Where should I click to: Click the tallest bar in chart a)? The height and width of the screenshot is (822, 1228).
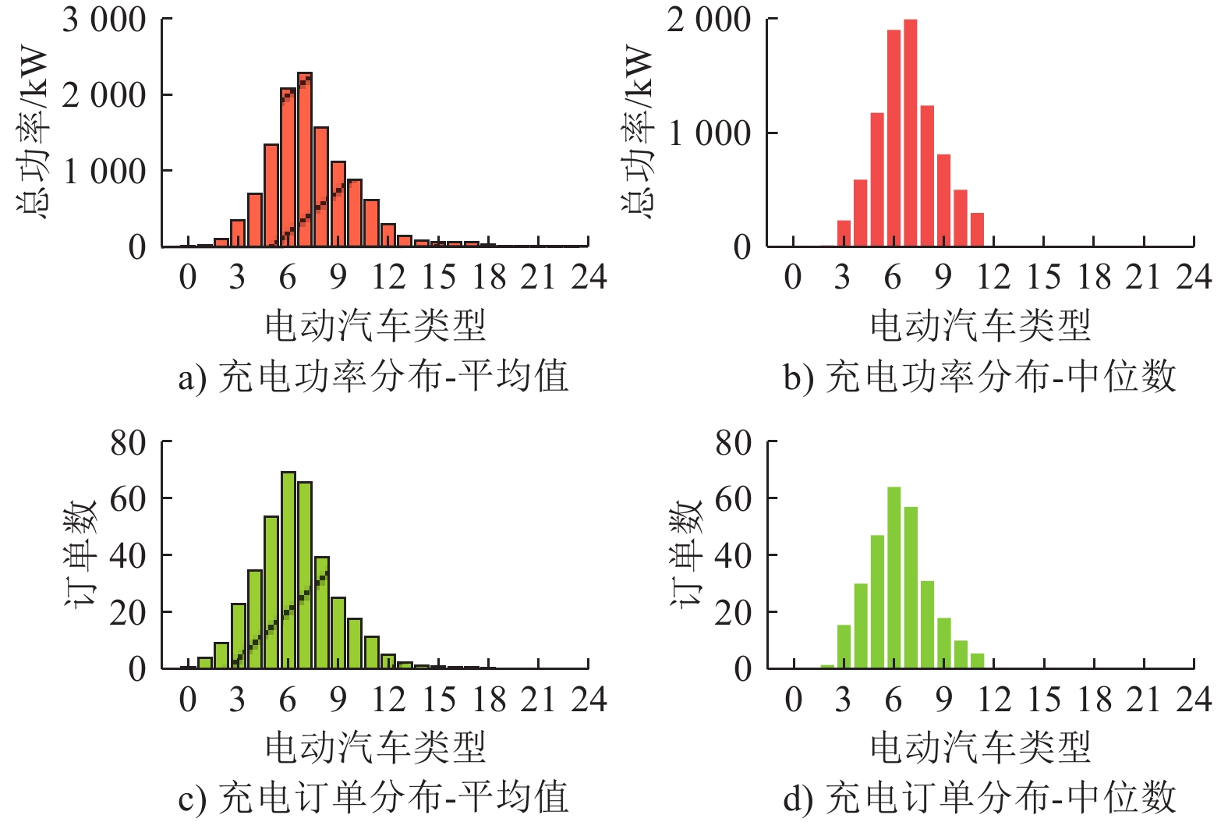pos(304,160)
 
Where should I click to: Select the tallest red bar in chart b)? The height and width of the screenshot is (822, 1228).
pos(910,133)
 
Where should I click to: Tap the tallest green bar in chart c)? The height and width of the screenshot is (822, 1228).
pos(288,570)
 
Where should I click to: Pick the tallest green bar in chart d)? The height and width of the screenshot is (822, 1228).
pos(894,578)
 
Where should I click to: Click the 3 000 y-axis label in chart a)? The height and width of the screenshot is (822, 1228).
pos(104,19)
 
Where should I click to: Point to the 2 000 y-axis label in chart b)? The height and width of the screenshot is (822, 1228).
pos(709,19)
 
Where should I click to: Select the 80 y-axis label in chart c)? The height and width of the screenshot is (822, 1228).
pos(128,443)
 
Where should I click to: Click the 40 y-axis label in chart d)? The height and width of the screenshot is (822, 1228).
pos(733,556)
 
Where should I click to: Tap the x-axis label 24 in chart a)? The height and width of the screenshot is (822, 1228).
pos(589,277)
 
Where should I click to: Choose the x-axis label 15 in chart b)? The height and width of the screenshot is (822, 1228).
pos(1044,277)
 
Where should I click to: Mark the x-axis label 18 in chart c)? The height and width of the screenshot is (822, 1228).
pos(489,700)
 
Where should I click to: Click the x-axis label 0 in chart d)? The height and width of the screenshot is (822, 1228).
pos(793,700)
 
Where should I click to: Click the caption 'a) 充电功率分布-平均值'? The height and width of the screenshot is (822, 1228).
pos(373,377)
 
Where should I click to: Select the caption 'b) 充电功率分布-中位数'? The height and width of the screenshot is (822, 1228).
pos(979,377)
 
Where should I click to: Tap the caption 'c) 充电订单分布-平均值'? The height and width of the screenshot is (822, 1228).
pos(373,798)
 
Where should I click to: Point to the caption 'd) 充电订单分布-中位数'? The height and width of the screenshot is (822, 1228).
pos(979,798)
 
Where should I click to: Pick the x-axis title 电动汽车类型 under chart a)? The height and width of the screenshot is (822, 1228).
pos(375,325)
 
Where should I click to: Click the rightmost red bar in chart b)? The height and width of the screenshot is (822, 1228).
pos(977,229)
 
